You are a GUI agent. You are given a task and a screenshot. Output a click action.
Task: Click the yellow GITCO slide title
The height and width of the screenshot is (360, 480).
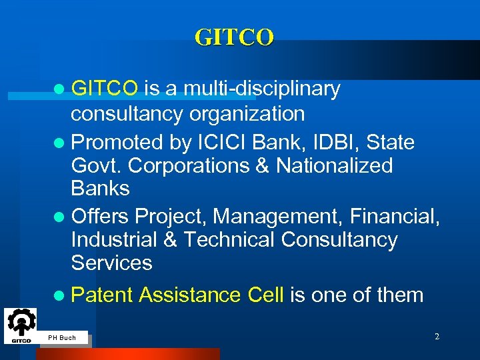234,37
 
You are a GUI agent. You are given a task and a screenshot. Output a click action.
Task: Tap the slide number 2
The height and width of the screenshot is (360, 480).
437,337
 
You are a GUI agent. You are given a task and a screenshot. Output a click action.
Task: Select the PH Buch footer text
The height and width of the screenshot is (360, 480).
62,338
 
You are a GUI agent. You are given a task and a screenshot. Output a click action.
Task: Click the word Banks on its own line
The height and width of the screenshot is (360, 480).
100,189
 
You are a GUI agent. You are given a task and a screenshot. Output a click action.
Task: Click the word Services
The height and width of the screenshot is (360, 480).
111,263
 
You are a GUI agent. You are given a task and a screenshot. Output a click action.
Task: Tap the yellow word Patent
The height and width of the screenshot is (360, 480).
102,295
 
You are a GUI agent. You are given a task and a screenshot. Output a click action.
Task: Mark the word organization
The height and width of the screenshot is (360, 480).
247,113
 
